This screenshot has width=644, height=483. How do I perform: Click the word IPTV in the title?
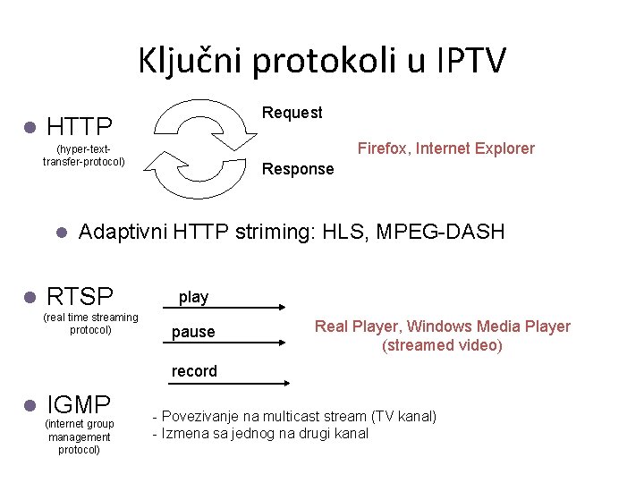[471, 61]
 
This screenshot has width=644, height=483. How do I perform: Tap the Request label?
[292, 113]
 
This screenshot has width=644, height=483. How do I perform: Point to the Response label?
[297, 169]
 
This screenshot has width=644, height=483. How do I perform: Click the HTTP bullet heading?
[79, 126]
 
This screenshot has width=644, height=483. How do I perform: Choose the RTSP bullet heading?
[80, 296]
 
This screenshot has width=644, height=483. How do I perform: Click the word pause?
[193, 332]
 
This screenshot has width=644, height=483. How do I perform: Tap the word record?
[194, 370]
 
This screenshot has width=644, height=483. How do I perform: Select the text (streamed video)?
[442, 345]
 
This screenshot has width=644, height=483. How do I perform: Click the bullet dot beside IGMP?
[29, 404]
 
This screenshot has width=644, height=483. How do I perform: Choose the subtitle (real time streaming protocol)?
[90, 324]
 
